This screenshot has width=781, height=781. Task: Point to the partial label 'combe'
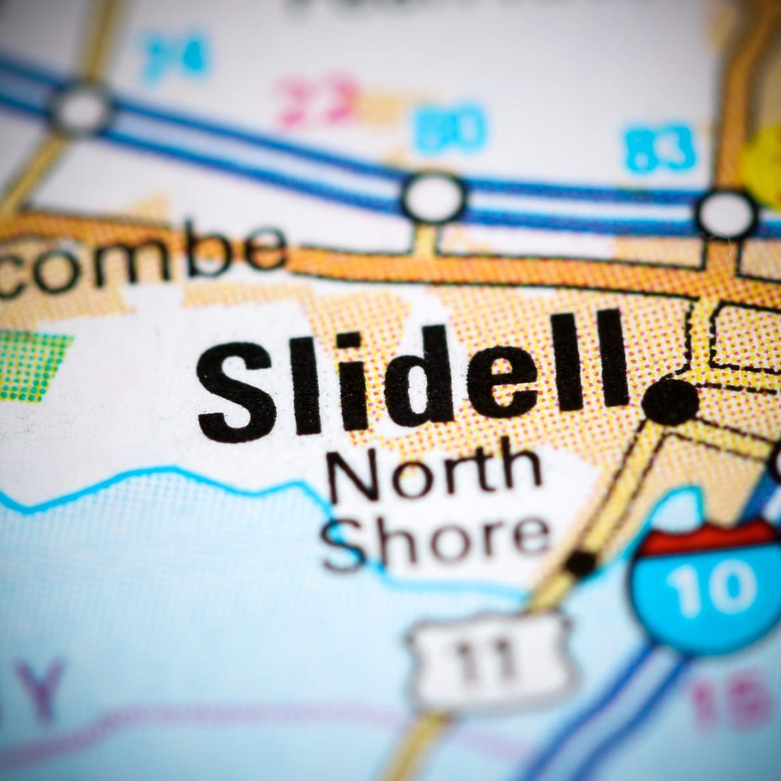click(x=140, y=257)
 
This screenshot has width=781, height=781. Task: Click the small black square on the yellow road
click(x=581, y=561)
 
